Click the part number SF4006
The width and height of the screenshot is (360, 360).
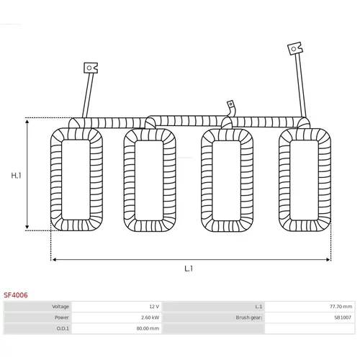(16, 295)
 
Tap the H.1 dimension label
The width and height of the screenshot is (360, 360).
(16, 176)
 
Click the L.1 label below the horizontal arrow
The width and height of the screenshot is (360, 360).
(189, 269)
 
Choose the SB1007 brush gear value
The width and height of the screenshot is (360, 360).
(343, 318)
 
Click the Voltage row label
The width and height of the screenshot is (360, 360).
(60, 307)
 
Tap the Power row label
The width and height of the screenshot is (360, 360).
(62, 318)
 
